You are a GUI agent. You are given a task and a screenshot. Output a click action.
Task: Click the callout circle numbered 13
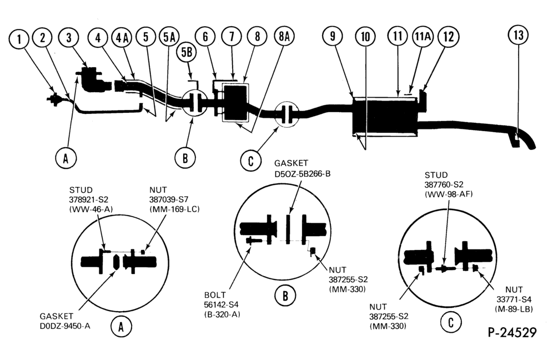518,36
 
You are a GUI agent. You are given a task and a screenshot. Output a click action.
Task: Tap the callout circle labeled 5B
187,53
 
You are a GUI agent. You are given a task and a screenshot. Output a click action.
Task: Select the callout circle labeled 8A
284,36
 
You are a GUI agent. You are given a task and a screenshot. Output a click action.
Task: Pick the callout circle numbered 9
333,36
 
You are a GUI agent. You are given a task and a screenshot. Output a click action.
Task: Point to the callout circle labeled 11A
423,36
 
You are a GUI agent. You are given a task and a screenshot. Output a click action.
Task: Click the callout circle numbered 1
19,39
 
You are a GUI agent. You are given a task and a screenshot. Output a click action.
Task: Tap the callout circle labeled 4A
122,37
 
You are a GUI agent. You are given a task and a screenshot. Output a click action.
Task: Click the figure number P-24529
512,332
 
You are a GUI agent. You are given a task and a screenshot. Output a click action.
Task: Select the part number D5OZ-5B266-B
302,174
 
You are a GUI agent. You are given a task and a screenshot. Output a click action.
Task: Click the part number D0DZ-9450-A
65,326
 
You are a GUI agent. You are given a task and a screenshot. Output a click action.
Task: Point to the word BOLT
214,295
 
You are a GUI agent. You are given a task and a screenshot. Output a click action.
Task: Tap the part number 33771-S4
514,299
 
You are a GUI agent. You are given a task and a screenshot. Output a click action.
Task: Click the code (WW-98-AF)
449,194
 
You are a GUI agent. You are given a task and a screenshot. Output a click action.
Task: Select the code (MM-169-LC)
174,209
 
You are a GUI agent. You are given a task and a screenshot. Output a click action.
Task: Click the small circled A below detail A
121,327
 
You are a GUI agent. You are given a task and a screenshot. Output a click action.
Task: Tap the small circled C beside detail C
450,322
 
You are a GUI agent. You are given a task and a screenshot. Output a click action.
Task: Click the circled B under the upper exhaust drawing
185,158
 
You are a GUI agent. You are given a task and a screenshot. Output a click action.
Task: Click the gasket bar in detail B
288,229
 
